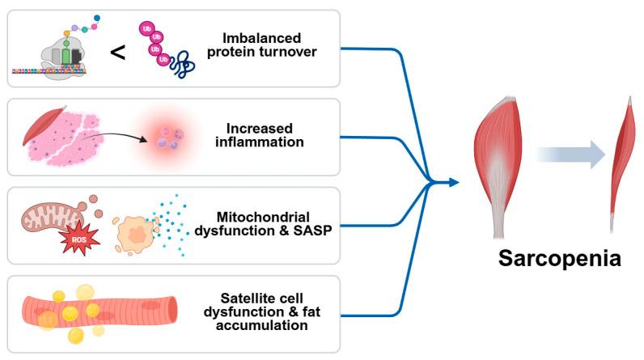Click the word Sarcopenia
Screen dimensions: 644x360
point(559,259)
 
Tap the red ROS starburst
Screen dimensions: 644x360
point(79,239)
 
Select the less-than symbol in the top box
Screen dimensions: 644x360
point(118,53)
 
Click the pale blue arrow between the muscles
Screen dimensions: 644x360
point(571,155)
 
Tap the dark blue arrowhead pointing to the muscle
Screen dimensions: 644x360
point(453,182)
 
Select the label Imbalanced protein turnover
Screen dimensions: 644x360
point(262,45)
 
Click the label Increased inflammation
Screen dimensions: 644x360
point(260,135)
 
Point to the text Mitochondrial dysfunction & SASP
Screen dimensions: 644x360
point(263,224)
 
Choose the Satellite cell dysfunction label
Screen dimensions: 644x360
point(261,304)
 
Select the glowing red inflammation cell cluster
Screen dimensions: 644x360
point(169,138)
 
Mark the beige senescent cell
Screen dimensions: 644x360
point(134,235)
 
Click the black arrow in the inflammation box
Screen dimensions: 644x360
point(114,137)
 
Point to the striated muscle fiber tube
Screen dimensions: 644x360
point(100,313)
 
